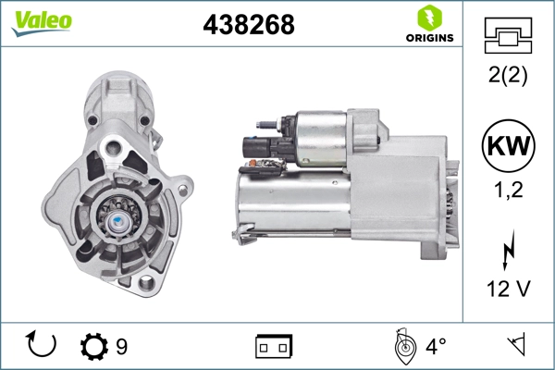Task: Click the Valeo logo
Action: click(42, 23)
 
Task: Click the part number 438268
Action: click(249, 24)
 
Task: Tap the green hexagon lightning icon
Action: click(430, 18)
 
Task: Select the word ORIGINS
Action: click(430, 38)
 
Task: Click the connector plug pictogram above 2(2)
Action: click(508, 35)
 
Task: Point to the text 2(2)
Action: click(508, 75)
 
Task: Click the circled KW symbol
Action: click(508, 146)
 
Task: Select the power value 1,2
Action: click(508, 190)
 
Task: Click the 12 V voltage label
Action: click(509, 289)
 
